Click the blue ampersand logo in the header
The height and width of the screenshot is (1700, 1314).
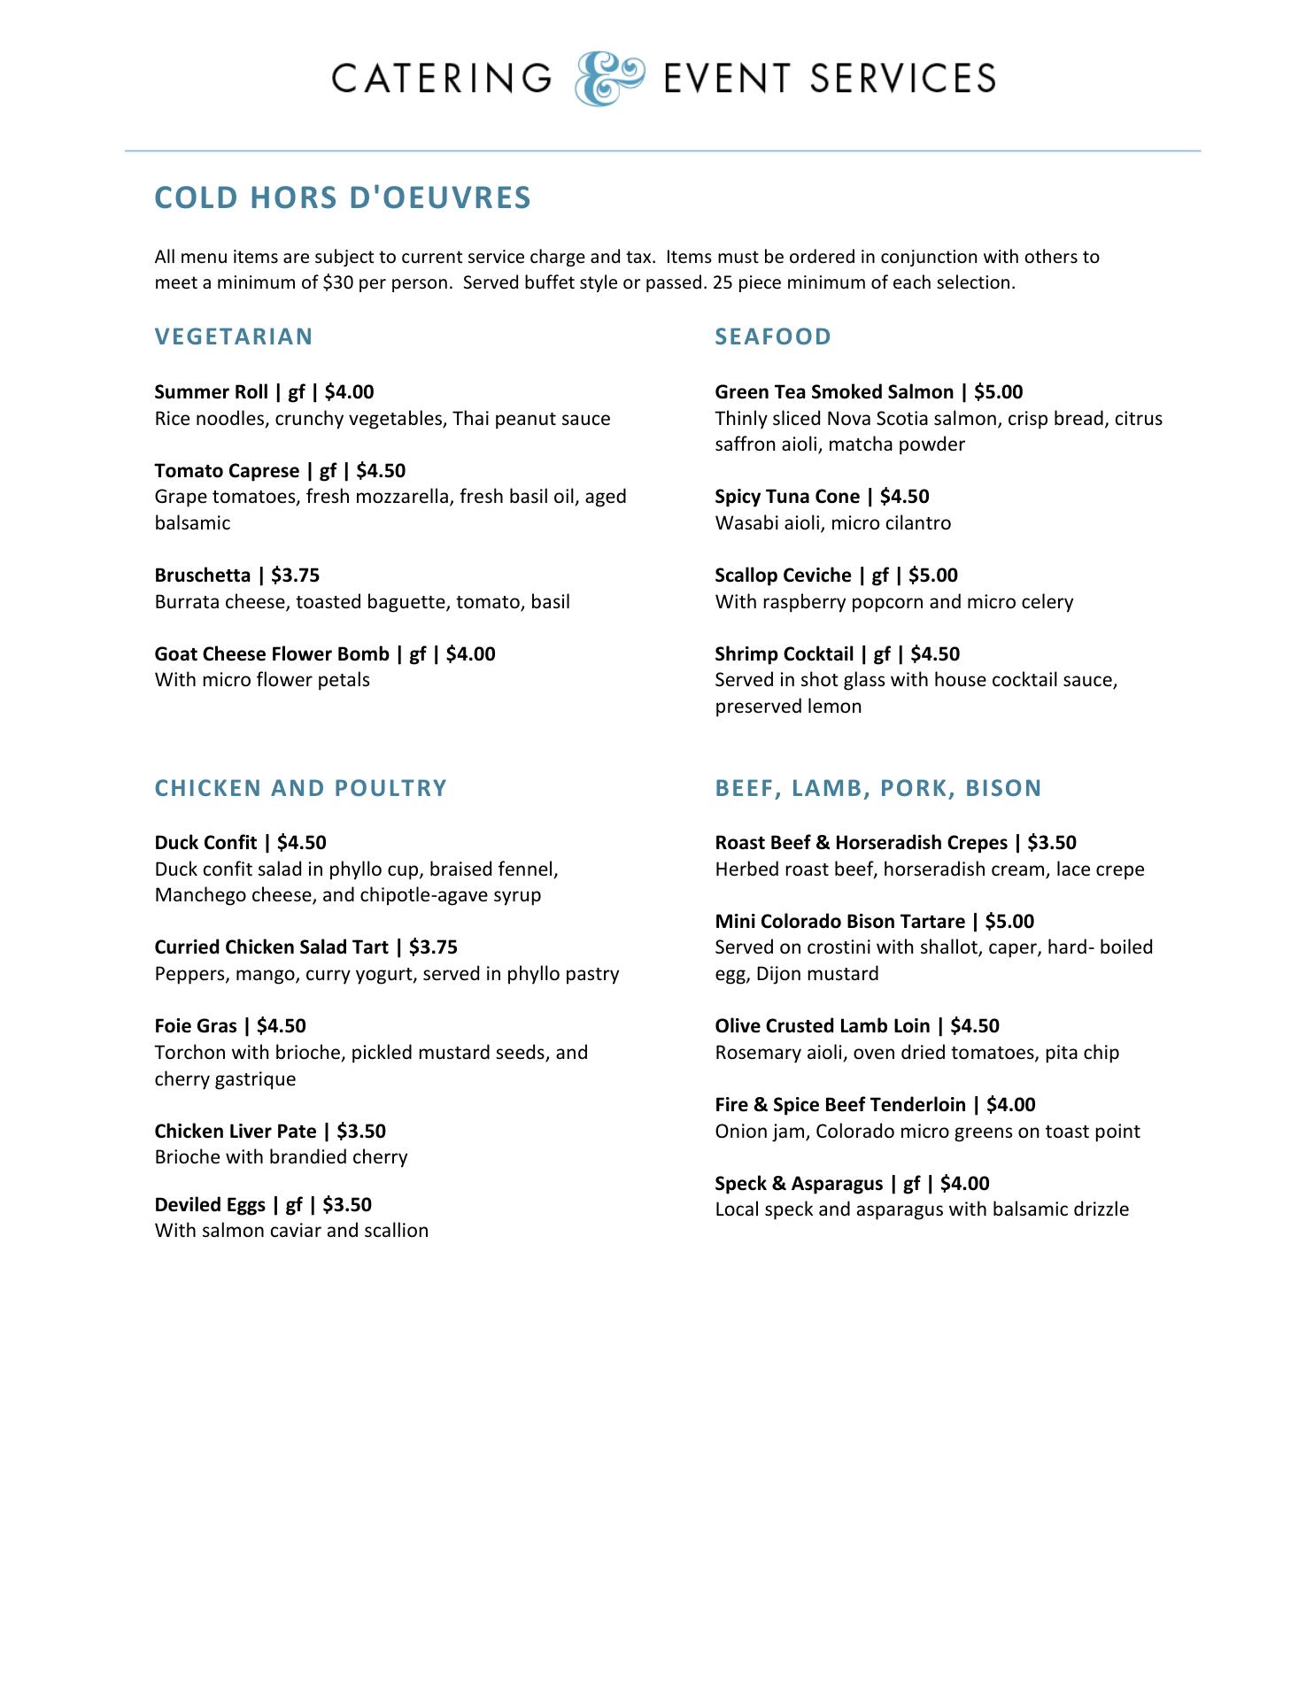(x=609, y=78)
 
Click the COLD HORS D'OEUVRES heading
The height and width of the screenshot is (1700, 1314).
(x=343, y=197)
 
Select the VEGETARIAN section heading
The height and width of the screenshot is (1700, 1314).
(x=234, y=336)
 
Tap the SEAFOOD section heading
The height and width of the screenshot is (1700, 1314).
(x=773, y=336)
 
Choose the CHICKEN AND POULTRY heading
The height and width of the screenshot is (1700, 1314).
(x=301, y=788)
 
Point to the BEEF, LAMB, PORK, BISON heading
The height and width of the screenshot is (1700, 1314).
(x=878, y=788)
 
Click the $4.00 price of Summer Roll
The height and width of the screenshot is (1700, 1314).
(x=350, y=392)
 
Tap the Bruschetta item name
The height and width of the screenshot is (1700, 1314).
(x=203, y=576)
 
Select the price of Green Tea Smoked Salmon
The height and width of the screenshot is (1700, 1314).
(x=998, y=392)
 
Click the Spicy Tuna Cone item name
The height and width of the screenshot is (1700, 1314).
(x=787, y=497)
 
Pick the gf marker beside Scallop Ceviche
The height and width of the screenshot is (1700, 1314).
(x=880, y=576)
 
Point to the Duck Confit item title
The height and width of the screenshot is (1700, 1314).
(x=205, y=843)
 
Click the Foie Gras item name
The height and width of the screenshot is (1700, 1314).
(x=196, y=1026)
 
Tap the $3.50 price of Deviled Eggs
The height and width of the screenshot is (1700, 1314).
(x=347, y=1205)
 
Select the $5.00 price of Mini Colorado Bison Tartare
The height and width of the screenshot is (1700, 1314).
(x=1009, y=922)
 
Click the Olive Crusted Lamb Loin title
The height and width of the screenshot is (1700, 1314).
(x=823, y=1026)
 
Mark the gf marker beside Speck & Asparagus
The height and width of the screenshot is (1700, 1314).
(x=912, y=1184)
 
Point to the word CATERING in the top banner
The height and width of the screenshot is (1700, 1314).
(x=442, y=79)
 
